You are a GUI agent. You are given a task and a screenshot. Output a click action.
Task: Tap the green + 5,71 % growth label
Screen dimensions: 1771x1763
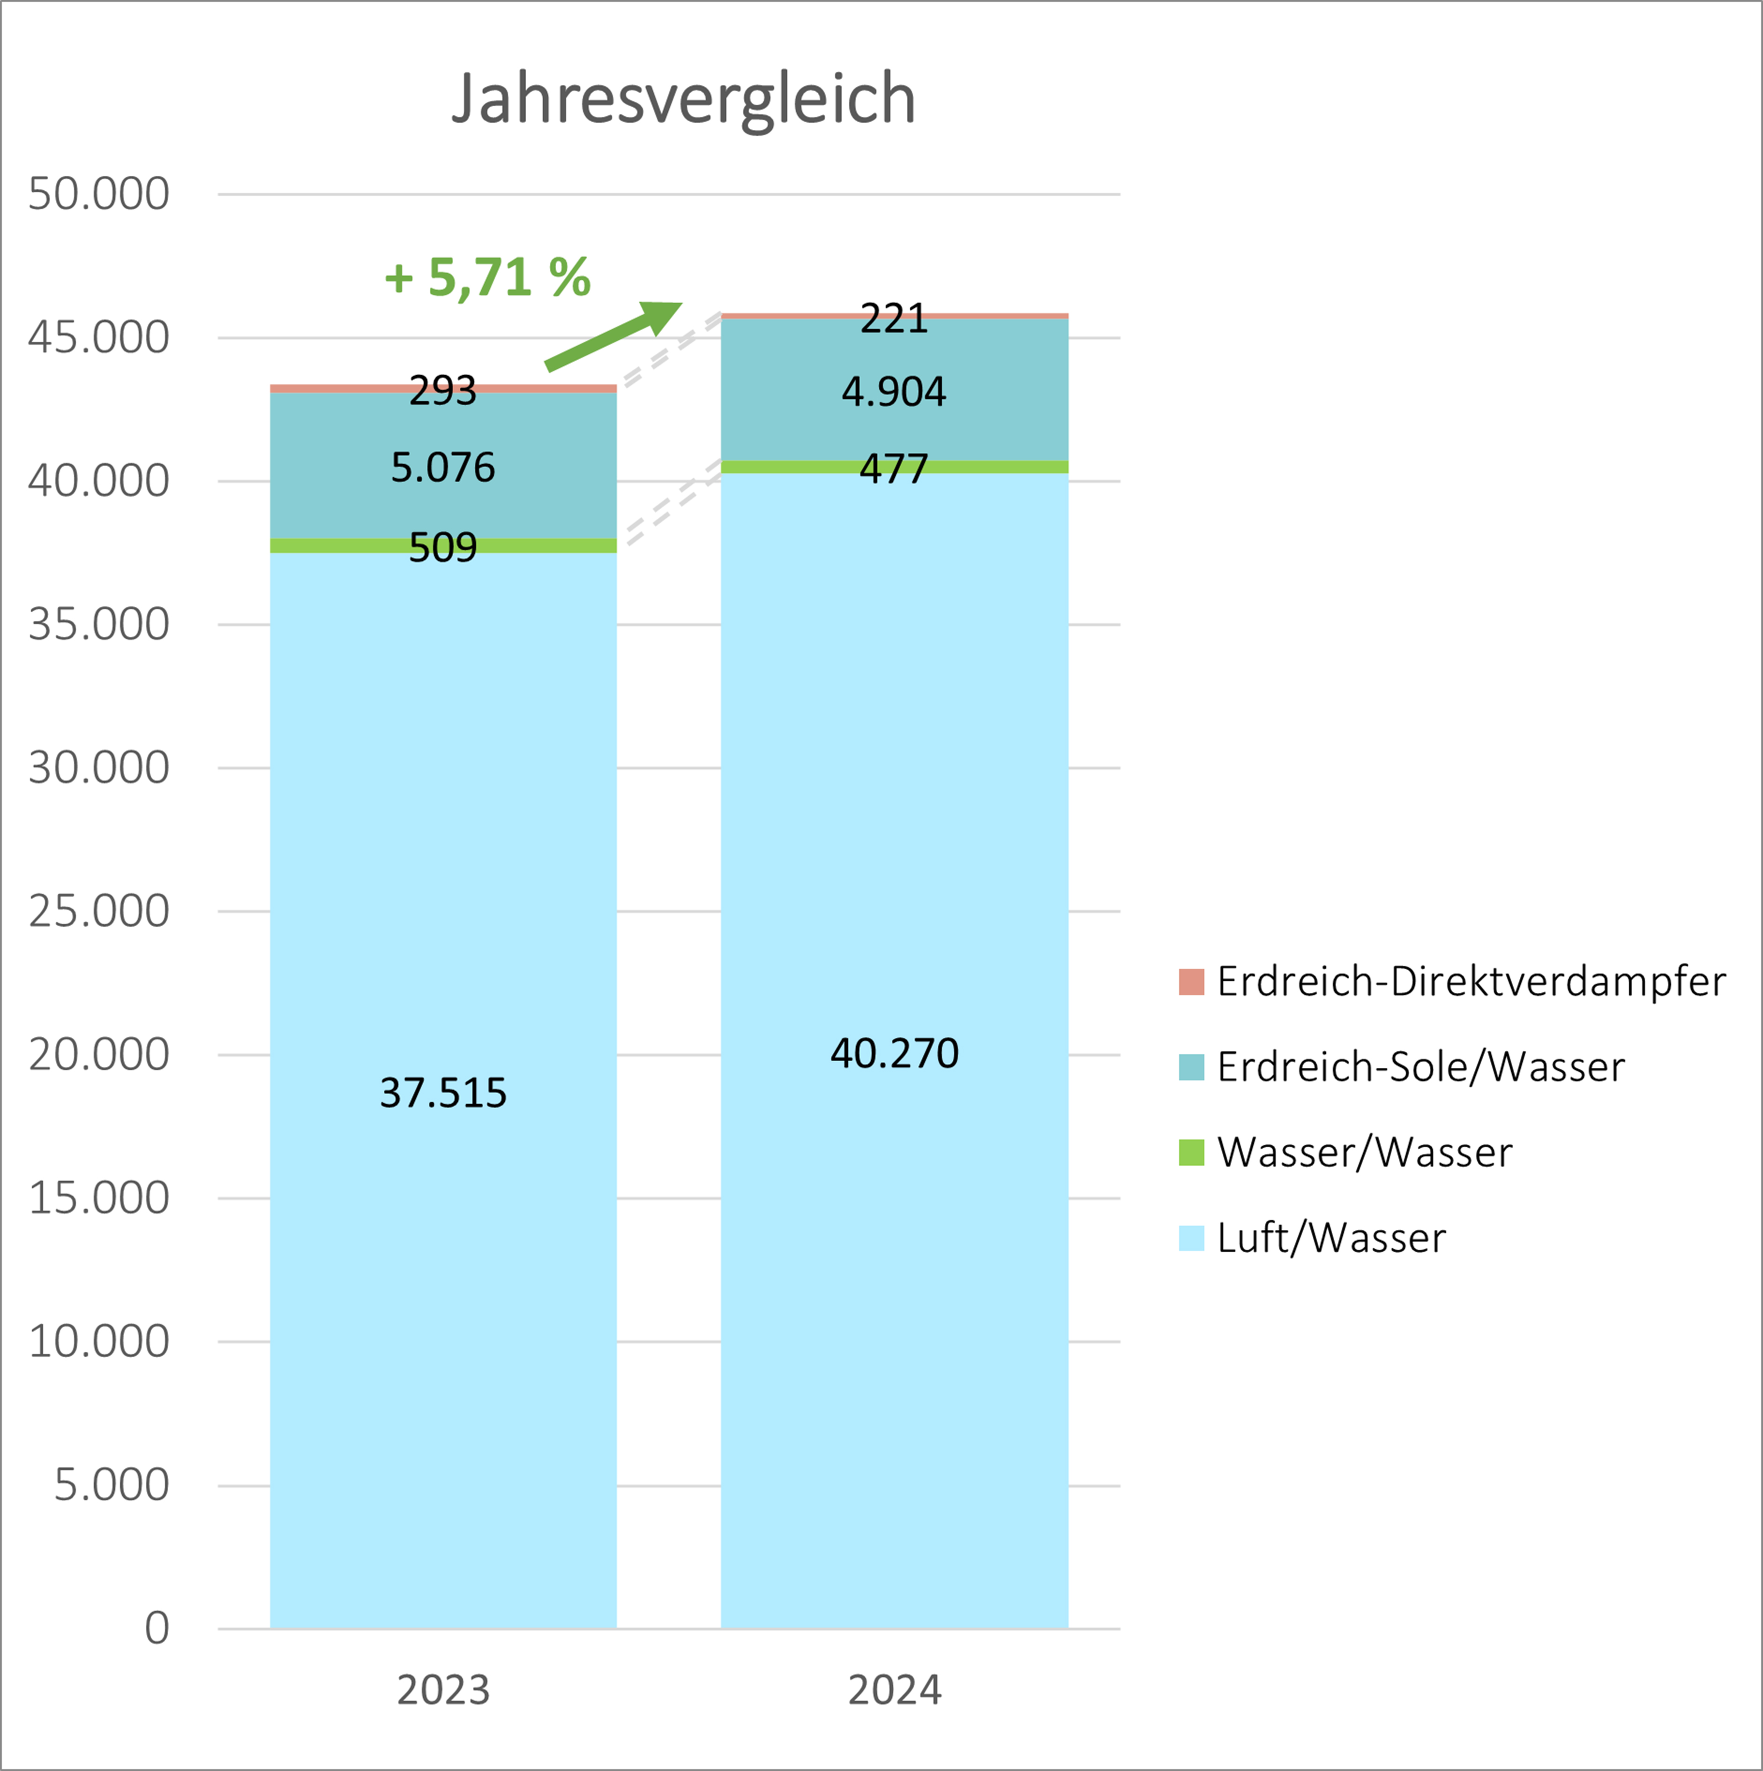click(487, 277)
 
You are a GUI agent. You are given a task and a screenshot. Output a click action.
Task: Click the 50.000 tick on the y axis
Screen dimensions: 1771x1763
click(99, 194)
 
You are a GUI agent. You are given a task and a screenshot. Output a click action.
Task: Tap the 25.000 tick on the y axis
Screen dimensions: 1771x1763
click(99, 911)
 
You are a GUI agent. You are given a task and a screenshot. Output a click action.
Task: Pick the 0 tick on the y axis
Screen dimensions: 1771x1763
click(157, 1628)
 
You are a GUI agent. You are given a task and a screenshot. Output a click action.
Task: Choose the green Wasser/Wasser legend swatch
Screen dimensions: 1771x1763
click(1191, 1152)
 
